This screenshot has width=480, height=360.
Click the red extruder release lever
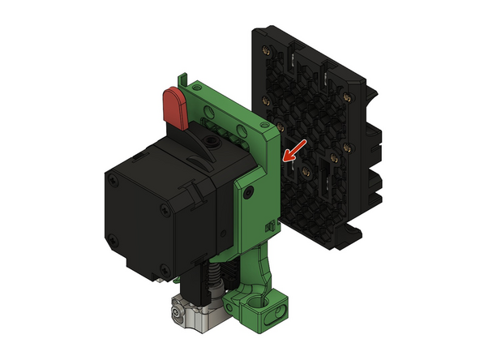[174, 106]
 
